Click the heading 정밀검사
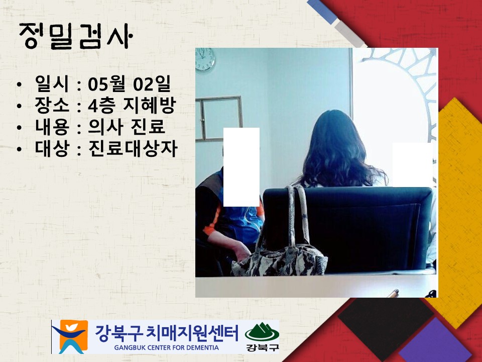pyautogui.click(x=76, y=36)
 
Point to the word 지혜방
pyautogui.click(x=149, y=105)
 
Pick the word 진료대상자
pyautogui.click(x=133, y=148)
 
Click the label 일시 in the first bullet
pyautogui.click(x=52, y=84)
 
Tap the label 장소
pyautogui.click(x=52, y=105)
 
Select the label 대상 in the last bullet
pyautogui.click(x=52, y=148)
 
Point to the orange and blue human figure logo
pyautogui.click(x=70, y=336)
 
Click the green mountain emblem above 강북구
pyautogui.click(x=262, y=332)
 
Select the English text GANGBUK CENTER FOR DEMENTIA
pyautogui.click(x=166, y=348)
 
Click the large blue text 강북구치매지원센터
pyautogui.click(x=166, y=333)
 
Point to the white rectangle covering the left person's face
pyautogui.click(x=242, y=167)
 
